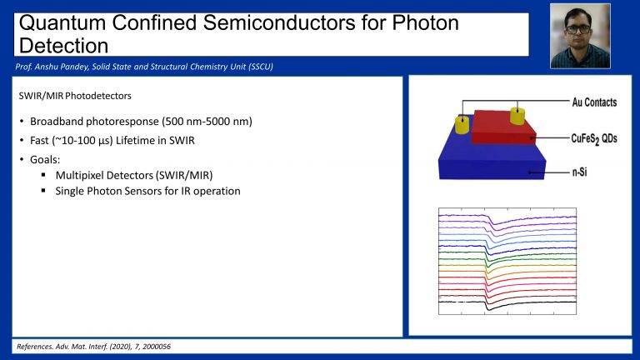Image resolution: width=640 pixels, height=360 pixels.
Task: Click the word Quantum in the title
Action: (62, 22)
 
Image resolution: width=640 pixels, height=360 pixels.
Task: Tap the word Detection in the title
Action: (63, 45)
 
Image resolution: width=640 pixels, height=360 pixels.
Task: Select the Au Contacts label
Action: (594, 102)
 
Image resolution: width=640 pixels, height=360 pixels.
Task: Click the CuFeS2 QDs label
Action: (594, 139)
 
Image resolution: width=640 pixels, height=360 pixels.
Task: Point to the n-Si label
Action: (579, 172)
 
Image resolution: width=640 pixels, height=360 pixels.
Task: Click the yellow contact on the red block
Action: (517, 116)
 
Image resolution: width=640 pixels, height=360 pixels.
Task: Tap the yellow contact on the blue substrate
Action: (462, 124)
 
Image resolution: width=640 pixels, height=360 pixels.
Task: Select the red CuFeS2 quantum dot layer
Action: (503, 127)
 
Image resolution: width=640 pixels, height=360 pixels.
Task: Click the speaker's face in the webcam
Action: (578, 27)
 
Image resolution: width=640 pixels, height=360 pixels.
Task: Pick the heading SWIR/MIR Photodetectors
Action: (75, 96)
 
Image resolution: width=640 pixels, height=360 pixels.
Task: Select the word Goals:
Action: (45, 160)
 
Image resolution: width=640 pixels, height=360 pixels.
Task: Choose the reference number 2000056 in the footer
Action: (157, 347)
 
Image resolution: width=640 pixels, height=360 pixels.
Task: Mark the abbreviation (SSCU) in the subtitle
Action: (260, 67)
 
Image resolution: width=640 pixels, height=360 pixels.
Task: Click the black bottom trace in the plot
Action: (507, 303)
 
